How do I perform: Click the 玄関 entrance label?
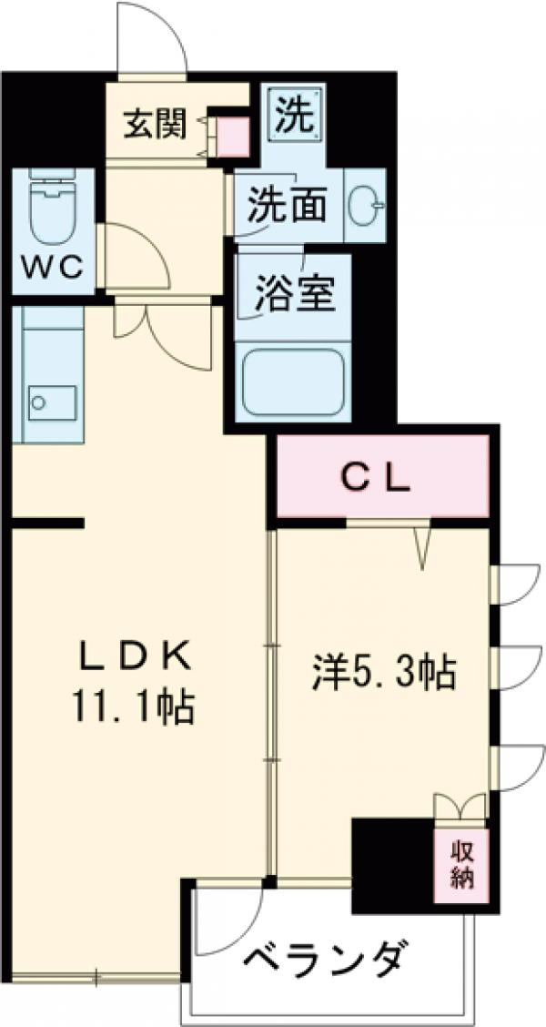pyautogui.click(x=155, y=125)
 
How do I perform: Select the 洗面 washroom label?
pyautogui.click(x=288, y=206)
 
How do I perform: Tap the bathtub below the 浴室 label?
pyautogui.click(x=293, y=381)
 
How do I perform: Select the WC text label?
pyautogui.click(x=53, y=268)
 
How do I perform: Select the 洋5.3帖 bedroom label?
pyautogui.click(x=383, y=674)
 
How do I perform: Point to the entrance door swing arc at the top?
pyautogui.click(x=153, y=36)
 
